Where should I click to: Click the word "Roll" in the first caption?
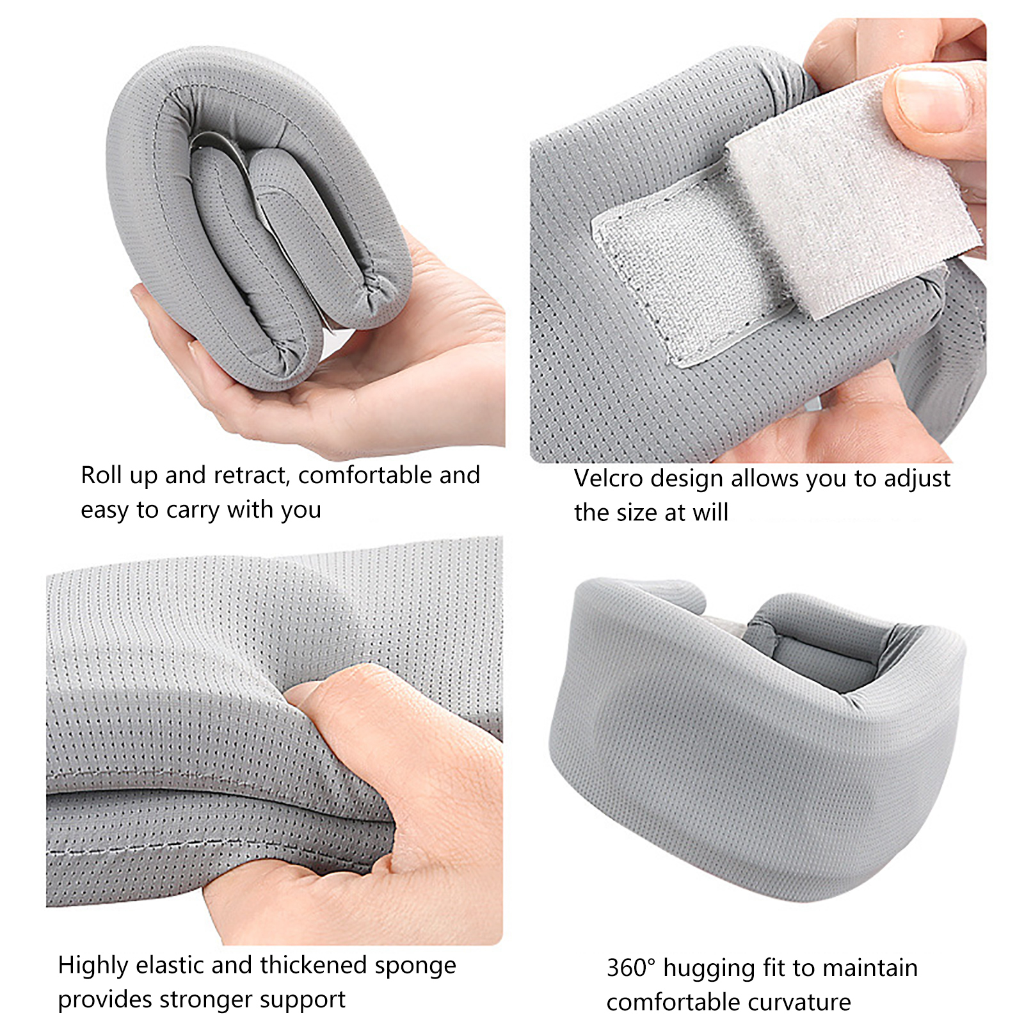[101, 475]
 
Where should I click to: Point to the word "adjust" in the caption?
[917, 479]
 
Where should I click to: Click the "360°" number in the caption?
[631, 968]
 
